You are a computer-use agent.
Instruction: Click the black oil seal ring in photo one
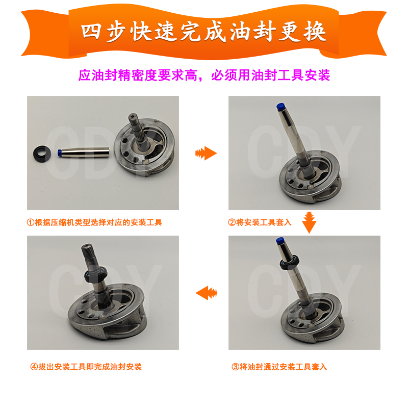pos(41,152)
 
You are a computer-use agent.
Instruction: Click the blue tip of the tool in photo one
pos(60,152)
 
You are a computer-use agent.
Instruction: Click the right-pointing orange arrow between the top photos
pos(206,152)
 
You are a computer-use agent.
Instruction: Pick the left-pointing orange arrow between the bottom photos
pos(207,293)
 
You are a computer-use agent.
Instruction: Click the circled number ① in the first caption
pos(30,222)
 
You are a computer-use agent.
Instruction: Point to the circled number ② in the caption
pos(232,222)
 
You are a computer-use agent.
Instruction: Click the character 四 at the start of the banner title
pos(94,31)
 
